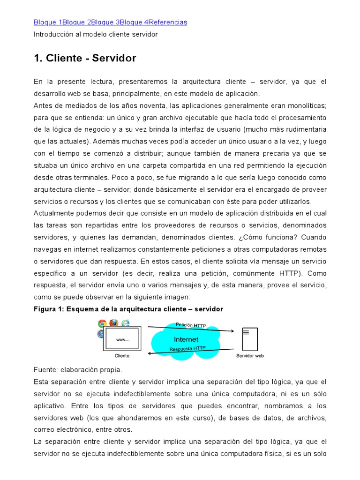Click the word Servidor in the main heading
tap(114, 58)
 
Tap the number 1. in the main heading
tap(38, 58)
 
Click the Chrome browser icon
tap(102, 323)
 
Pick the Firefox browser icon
tap(113, 322)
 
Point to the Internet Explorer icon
tap(125, 322)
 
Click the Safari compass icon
tap(100, 334)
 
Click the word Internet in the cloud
tap(186, 339)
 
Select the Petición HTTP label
tap(191, 325)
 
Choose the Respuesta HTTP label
tap(187, 348)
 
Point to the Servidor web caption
tap(249, 356)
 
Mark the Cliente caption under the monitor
tap(122, 356)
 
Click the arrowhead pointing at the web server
tap(231, 331)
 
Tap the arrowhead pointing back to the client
tap(150, 353)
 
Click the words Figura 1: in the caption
tap(49, 309)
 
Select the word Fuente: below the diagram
tap(45, 369)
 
